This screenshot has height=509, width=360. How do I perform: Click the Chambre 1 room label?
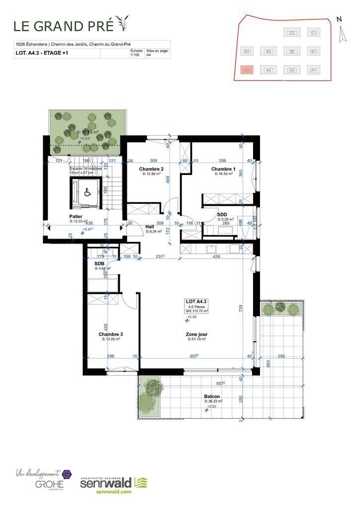pyautogui.click(x=223, y=169)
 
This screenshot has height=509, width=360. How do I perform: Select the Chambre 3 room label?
pyautogui.click(x=110, y=334)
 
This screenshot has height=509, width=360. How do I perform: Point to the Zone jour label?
pyautogui.click(x=196, y=334)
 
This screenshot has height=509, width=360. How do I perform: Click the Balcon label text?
pyautogui.click(x=212, y=396)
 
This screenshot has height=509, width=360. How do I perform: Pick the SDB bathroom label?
pyautogui.click(x=99, y=263)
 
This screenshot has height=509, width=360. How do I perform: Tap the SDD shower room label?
pyautogui.click(x=222, y=214)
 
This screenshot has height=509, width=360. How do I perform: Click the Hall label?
pyautogui.click(x=149, y=226)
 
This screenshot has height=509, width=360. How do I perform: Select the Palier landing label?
pyautogui.click(x=76, y=217)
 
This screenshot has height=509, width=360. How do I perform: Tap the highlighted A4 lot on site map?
pyautogui.click(x=247, y=70)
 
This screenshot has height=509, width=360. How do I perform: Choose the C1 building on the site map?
pyautogui.click(x=313, y=33)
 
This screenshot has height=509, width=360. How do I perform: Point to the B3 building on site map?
pyautogui.click(x=269, y=51)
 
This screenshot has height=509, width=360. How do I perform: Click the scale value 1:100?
pyautogui.click(x=135, y=56)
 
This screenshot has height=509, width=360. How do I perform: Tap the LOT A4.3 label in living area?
pyautogui.click(x=196, y=302)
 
